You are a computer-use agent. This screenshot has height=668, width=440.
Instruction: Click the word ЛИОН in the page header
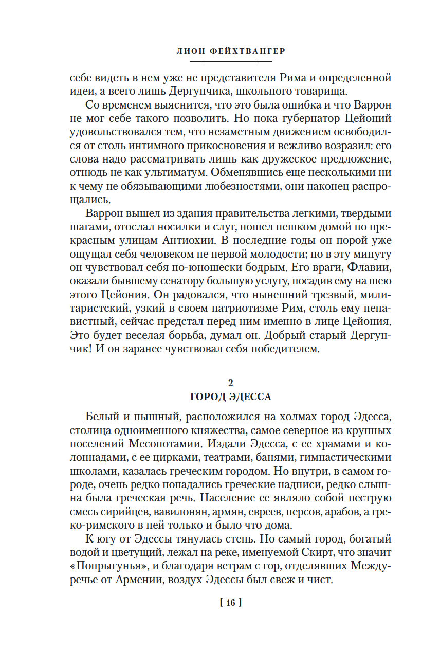pos(191,51)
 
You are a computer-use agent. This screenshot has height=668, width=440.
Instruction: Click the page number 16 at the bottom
pos(230,603)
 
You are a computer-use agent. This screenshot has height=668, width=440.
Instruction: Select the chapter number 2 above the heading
pos(231,383)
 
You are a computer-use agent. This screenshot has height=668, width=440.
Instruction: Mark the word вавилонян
pos(174,512)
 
